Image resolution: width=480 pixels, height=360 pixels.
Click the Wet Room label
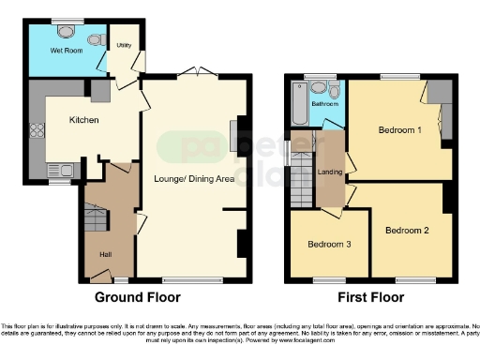pyautogui.click(x=67, y=50)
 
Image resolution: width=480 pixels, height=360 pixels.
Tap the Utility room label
pyautogui.click(x=124, y=45)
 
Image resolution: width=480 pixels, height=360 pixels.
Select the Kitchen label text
pyautogui.click(x=84, y=119)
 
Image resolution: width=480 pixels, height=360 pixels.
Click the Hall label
pyautogui.click(x=105, y=253)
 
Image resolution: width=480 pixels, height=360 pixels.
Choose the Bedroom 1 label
pyautogui.click(x=399, y=129)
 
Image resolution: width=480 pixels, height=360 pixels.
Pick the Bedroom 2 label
pyautogui.click(x=407, y=230)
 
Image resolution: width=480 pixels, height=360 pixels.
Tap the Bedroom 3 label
pyautogui.click(x=329, y=245)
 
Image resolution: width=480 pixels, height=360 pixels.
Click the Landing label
pyautogui.click(x=330, y=171)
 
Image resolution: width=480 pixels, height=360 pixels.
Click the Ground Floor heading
pyautogui.click(x=138, y=297)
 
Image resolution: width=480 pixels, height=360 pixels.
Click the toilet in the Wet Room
pyautogui.click(x=97, y=39)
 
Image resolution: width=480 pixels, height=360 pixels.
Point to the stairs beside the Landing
pyautogui.click(x=302, y=173)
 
